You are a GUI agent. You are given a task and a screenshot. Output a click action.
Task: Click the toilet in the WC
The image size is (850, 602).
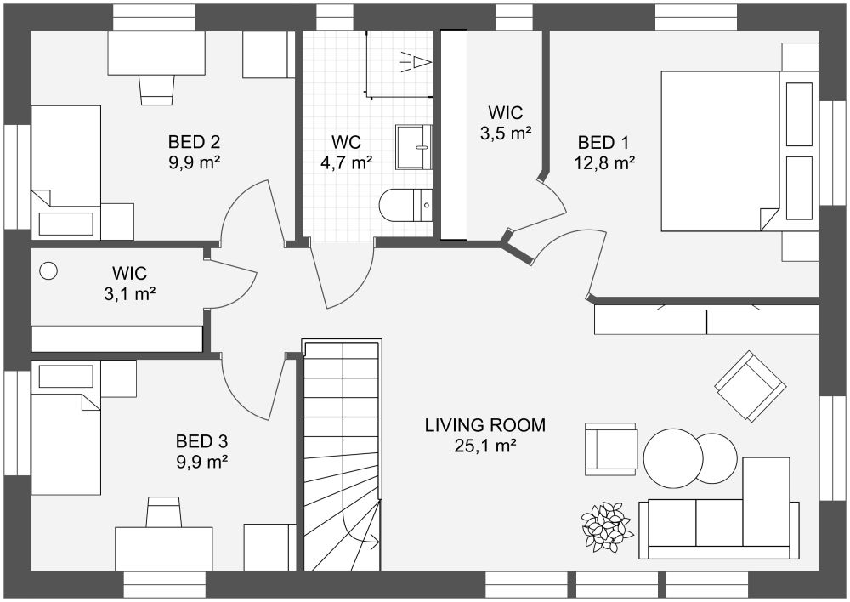(405, 205)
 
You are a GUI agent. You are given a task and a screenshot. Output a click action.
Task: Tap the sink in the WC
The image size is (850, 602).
(414, 147)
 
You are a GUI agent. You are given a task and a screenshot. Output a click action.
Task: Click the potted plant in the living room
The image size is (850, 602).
(606, 527)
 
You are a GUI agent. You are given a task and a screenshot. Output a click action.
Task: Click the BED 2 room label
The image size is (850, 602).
(194, 142)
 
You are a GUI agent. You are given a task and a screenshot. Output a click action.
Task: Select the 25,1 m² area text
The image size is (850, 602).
(484, 446)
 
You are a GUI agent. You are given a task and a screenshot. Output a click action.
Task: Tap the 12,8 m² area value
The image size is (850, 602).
(604, 162)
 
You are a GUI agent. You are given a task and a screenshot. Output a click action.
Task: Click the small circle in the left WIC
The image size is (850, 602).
(48, 270)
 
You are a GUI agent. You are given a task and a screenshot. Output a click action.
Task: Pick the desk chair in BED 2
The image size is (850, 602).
(157, 89)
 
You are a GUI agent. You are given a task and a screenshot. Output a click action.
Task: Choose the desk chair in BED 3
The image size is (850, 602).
(163, 511)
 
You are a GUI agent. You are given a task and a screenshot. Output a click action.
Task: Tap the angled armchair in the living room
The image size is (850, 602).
(751, 386)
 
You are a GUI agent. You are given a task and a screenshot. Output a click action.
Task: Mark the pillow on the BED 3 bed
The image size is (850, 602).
(65, 376)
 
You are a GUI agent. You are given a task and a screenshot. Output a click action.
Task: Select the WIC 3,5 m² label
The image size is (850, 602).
(505, 122)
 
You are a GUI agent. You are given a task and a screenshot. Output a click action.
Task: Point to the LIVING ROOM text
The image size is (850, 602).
(485, 424)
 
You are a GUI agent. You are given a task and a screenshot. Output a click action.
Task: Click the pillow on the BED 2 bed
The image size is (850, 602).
(65, 224)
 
